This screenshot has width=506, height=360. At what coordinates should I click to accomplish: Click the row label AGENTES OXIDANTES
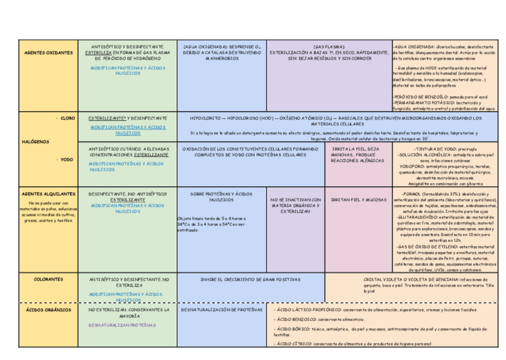(x=49, y=53)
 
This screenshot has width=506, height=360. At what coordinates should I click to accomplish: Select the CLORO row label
(x=67, y=118)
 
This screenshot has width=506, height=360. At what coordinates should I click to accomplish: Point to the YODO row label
(x=66, y=159)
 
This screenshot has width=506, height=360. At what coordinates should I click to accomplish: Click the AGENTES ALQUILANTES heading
(x=48, y=194)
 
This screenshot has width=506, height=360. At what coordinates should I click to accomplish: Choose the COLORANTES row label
(x=48, y=279)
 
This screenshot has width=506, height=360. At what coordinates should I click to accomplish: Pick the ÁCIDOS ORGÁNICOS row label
(x=49, y=310)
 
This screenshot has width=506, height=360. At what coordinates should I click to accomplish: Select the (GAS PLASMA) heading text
(x=329, y=47)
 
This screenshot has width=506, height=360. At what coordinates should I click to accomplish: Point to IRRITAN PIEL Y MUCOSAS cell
(x=355, y=199)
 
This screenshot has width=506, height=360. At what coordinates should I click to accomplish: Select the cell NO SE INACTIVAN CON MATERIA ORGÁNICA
(x=296, y=205)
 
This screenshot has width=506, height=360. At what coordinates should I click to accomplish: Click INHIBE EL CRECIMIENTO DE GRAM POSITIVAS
(x=251, y=279)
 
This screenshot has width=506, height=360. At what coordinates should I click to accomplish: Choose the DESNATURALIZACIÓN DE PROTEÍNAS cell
(x=221, y=310)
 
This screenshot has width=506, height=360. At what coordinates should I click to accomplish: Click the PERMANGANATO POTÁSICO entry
(x=420, y=103)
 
